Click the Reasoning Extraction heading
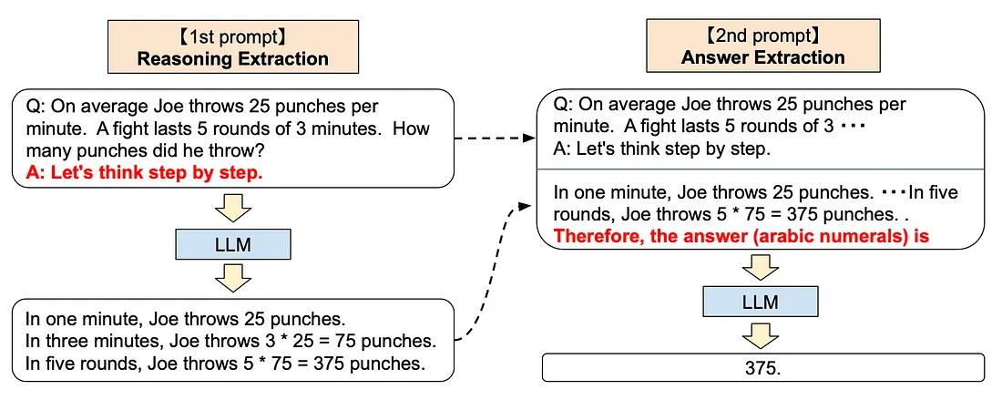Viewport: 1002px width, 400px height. point(232,59)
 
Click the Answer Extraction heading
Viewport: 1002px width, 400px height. point(763,57)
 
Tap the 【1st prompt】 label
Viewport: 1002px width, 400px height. point(232,37)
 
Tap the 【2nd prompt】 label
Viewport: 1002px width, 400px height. point(763,36)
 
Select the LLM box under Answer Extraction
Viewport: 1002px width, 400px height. point(761,302)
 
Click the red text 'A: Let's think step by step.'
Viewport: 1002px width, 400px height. point(145,172)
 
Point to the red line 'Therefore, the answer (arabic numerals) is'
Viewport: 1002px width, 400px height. point(741,236)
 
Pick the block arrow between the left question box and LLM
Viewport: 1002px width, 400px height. point(233,210)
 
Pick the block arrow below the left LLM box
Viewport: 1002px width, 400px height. point(233,276)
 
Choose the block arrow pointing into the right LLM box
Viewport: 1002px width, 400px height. point(761,267)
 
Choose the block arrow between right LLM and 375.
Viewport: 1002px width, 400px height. point(761,333)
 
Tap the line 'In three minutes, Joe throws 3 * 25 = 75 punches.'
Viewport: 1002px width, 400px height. point(230,341)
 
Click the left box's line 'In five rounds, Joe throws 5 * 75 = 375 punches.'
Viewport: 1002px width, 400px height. point(226,364)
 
